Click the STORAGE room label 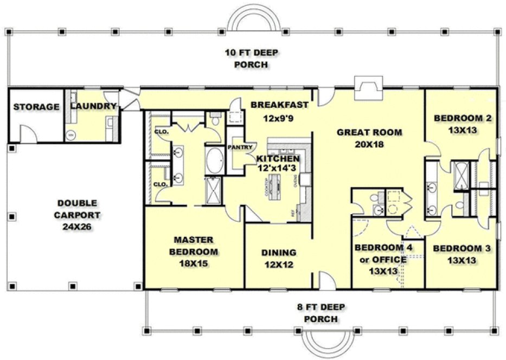[x=36, y=107]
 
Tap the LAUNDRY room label [x=93, y=106]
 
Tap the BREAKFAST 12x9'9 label [x=280, y=110]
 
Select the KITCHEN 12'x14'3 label [x=278, y=163]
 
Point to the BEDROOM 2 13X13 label [x=463, y=124]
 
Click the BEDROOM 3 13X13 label [x=462, y=254]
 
